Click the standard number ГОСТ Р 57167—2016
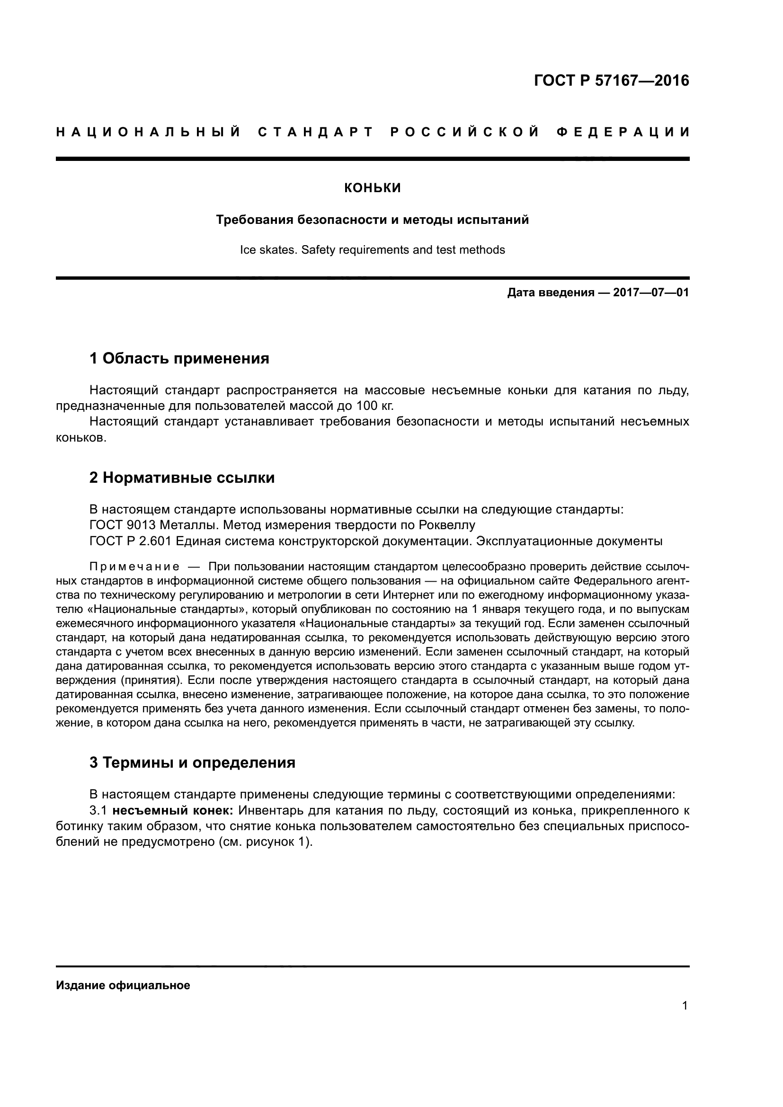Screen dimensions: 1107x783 tap(611, 80)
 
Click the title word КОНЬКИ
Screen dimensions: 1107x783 tap(372, 188)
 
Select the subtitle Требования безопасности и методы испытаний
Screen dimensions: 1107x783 tap(372, 220)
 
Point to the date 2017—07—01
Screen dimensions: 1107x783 tap(651, 292)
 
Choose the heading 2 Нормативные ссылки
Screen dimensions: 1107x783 tap(182, 478)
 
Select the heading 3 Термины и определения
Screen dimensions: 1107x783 tap(192, 763)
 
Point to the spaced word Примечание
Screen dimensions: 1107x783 tap(134, 567)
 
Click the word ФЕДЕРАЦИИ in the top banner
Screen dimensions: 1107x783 tap(623, 132)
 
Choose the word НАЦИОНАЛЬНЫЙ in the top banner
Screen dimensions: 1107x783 tap(149, 132)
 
